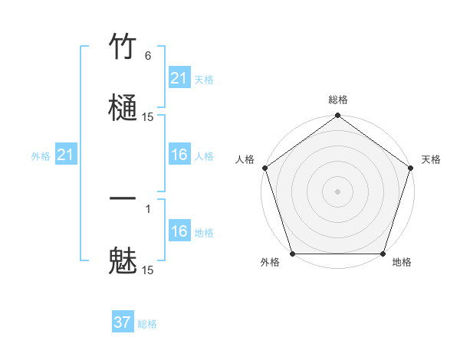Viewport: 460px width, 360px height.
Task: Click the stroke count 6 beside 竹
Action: (x=148, y=56)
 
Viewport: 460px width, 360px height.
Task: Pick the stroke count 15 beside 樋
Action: (x=148, y=117)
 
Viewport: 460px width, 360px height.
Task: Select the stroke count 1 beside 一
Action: (x=148, y=209)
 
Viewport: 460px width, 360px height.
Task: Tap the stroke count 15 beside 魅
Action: (x=148, y=270)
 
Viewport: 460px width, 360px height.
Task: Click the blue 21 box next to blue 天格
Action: (x=179, y=78)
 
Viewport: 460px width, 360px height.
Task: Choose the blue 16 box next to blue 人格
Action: (x=179, y=155)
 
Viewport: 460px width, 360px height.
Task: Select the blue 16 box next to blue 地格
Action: (x=179, y=231)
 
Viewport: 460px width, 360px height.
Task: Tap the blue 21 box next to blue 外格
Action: (x=66, y=155)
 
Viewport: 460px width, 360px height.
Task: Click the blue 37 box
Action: (x=123, y=323)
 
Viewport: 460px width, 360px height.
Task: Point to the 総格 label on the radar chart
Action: (x=338, y=100)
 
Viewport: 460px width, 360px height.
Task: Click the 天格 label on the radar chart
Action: (x=431, y=159)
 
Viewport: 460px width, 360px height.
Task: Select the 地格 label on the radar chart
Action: (x=402, y=263)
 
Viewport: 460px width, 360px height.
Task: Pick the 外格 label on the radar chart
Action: (x=270, y=263)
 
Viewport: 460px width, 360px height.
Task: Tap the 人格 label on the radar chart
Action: (x=245, y=159)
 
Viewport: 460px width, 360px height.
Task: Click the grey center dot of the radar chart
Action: (x=337, y=191)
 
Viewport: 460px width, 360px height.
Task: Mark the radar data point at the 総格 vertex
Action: (x=337, y=116)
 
